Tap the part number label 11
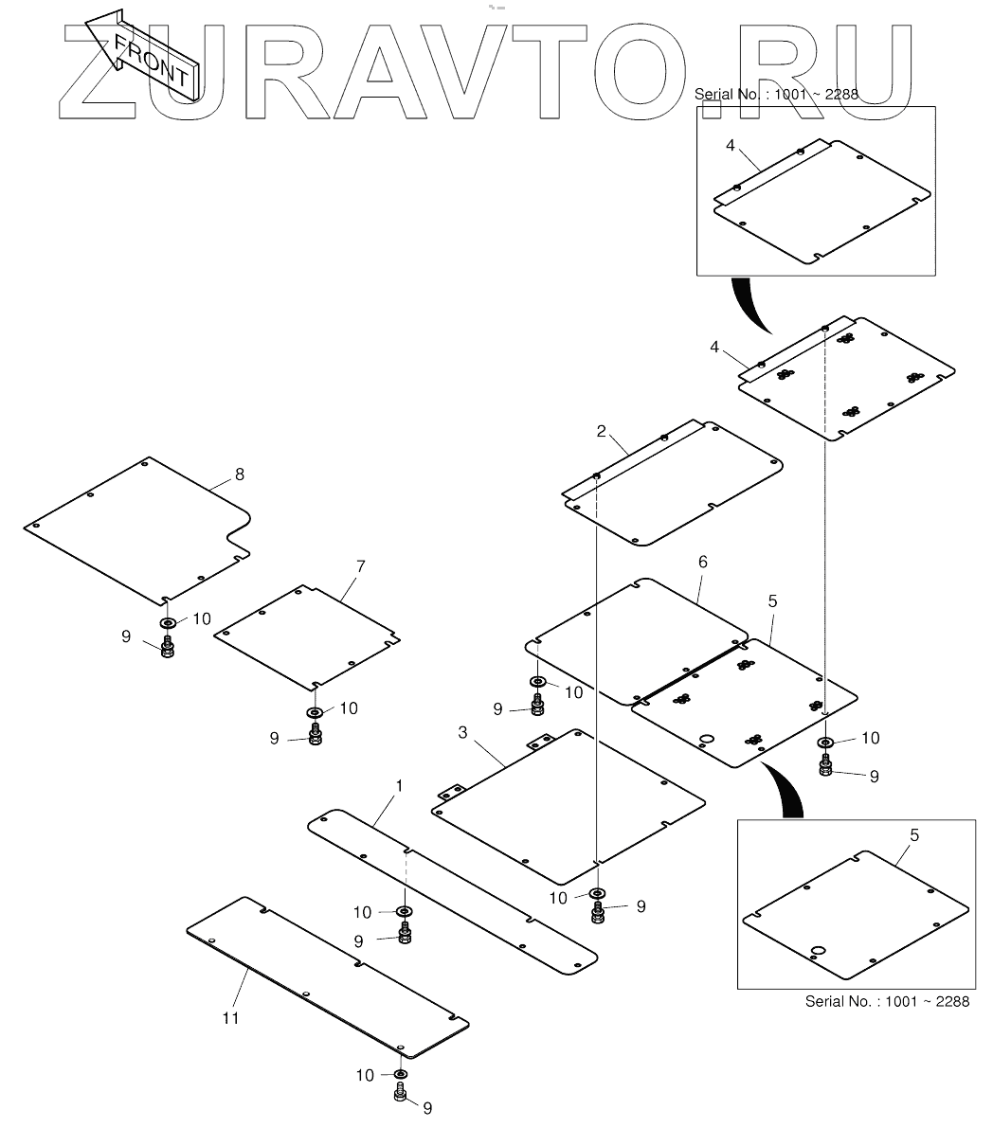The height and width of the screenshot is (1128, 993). click(x=230, y=1018)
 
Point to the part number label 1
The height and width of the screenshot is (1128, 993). click(x=399, y=786)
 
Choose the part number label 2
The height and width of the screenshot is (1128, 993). click(x=601, y=431)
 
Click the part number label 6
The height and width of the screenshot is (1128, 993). click(x=702, y=562)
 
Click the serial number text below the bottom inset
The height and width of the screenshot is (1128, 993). click(x=887, y=1001)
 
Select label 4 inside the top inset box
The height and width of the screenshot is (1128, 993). click(x=730, y=145)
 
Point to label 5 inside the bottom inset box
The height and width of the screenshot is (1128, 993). click(x=913, y=835)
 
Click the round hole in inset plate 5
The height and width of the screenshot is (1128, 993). click(x=819, y=950)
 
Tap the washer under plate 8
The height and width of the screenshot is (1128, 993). click(x=168, y=623)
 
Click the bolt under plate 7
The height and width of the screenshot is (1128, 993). click(x=316, y=733)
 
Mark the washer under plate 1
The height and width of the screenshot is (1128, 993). click(x=405, y=911)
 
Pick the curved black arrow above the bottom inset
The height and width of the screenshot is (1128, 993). click(x=785, y=788)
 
